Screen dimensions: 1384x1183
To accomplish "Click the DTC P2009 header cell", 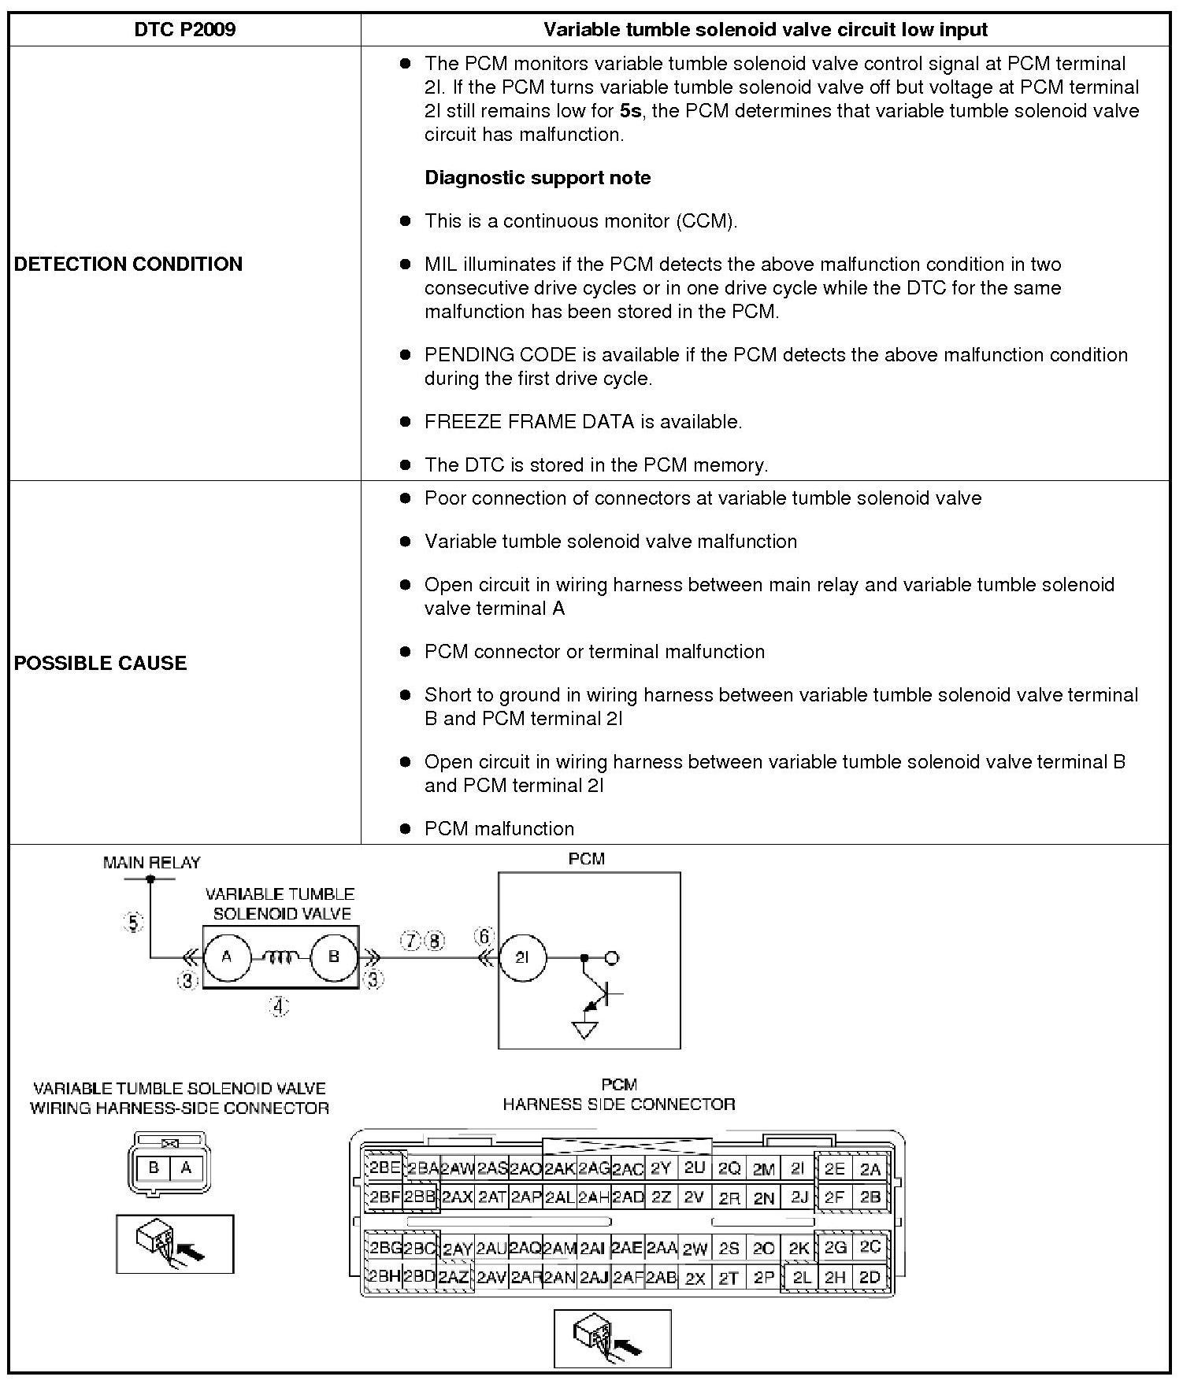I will pyautogui.click(x=185, y=30).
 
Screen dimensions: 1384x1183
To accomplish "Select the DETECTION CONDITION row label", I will pyautogui.click(x=128, y=264).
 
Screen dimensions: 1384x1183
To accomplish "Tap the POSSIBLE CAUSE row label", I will pyautogui.click(x=101, y=663).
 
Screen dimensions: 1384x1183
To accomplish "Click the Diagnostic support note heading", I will pyautogui.click(x=537, y=178).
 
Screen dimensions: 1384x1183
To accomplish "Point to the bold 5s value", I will pyautogui.click(x=630, y=111).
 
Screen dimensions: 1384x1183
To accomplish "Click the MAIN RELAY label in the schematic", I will pyautogui.click(x=152, y=863).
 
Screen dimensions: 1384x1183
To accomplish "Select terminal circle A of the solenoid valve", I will pyautogui.click(x=227, y=957).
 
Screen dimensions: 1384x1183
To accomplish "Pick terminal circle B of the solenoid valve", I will pyautogui.click(x=333, y=957).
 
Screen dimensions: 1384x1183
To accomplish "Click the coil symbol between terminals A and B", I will pyautogui.click(x=280, y=957).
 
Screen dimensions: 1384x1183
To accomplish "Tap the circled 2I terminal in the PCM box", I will pyautogui.click(x=522, y=958).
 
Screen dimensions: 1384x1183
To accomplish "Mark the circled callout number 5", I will pyautogui.click(x=133, y=923).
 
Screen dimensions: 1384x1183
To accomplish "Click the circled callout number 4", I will pyautogui.click(x=279, y=1006).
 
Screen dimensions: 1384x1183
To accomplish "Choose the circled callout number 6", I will pyautogui.click(x=484, y=937).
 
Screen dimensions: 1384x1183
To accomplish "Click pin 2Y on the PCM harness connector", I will pyautogui.click(x=660, y=1169).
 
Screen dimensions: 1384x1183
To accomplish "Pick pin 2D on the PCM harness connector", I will pyautogui.click(x=870, y=1277).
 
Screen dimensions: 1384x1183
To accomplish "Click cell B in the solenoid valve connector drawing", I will pyautogui.click(x=154, y=1168).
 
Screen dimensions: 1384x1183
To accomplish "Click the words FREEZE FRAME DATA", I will pyautogui.click(x=530, y=422).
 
